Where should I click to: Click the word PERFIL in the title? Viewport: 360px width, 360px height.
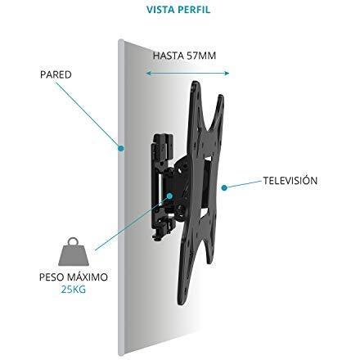[194, 10]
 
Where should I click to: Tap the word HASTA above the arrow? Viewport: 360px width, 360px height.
[169, 56]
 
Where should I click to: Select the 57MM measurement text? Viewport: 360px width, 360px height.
[201, 56]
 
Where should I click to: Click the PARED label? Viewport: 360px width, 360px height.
[56, 74]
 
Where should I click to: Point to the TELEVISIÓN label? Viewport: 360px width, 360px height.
[290, 180]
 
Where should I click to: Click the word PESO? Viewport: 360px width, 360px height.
[52, 277]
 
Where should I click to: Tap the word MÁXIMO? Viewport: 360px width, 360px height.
[88, 277]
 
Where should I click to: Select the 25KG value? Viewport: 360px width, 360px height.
[73, 289]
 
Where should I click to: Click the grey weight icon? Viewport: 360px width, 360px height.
[74, 253]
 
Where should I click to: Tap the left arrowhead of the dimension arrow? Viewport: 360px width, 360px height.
[148, 73]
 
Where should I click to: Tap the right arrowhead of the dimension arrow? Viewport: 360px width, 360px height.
[227, 73]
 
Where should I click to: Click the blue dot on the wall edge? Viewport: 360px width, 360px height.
[121, 148]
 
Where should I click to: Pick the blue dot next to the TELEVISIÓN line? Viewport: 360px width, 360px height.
[224, 187]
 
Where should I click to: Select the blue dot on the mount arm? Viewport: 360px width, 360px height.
[169, 196]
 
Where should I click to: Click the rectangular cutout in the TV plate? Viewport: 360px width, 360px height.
[208, 185]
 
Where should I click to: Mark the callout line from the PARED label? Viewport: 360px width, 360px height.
[88, 114]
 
